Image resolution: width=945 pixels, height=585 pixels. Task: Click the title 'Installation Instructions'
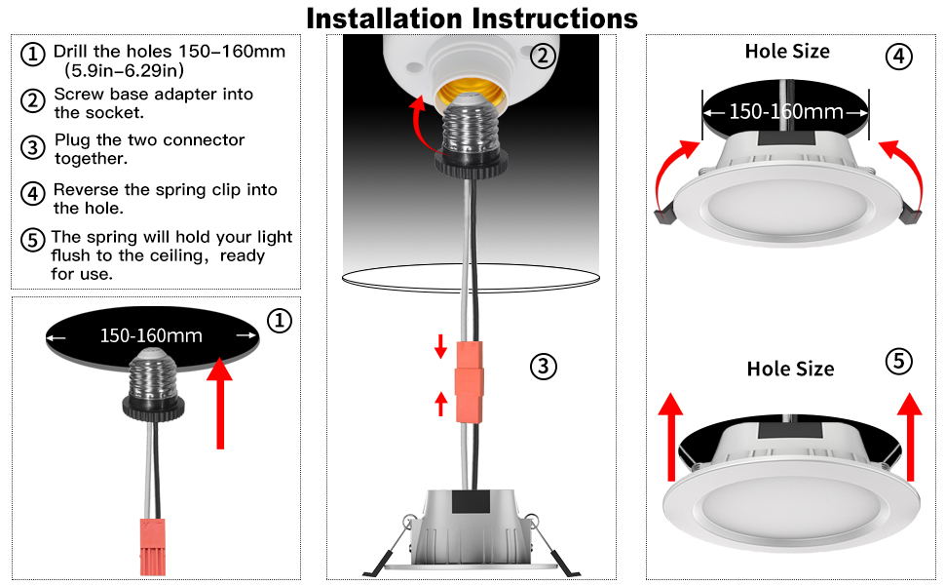(472, 18)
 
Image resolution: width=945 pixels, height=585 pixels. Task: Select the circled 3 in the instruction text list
(33, 148)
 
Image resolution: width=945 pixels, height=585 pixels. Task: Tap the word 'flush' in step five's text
(73, 255)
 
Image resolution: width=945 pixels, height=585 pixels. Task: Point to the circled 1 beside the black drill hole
(280, 320)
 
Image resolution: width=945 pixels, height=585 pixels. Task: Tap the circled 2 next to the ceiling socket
(543, 56)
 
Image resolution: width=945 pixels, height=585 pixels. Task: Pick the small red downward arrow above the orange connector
(440, 346)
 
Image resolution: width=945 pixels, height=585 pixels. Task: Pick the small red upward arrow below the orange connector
(440, 402)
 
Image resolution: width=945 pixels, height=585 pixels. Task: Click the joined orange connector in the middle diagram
(470, 380)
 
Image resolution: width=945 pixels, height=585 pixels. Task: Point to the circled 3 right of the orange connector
(543, 367)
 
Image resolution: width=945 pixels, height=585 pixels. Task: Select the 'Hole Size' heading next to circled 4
(787, 52)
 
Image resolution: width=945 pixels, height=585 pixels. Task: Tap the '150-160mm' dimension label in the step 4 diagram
(786, 112)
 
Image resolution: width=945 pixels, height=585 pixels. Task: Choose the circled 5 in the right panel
(898, 362)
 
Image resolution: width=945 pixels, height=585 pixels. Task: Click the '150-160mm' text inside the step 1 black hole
(151, 336)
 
